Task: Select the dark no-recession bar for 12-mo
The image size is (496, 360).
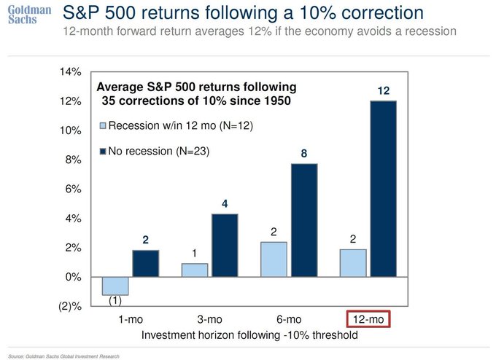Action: (x=383, y=189)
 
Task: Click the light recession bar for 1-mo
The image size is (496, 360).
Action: (x=115, y=286)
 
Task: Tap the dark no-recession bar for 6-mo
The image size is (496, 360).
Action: (x=303, y=221)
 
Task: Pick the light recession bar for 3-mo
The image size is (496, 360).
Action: (x=194, y=270)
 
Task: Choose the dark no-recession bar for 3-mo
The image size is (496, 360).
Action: (x=224, y=246)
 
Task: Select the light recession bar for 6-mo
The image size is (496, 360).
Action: (x=274, y=259)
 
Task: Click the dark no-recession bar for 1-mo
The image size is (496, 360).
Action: (x=145, y=264)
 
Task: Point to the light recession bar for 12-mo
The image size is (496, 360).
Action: (x=353, y=263)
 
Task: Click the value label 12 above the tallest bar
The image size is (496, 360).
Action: (x=383, y=90)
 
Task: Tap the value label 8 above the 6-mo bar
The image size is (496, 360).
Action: (x=303, y=153)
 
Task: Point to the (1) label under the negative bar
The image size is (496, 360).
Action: (x=115, y=300)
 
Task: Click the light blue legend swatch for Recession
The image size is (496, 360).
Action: (x=103, y=126)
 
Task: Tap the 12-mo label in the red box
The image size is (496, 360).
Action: (x=368, y=320)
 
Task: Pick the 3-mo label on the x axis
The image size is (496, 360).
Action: (x=209, y=320)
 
